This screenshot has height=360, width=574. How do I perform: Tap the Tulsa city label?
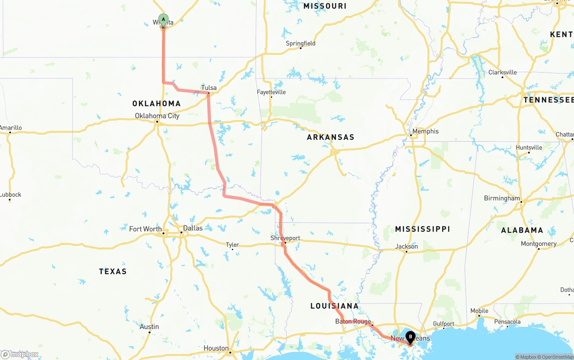click(x=209, y=87)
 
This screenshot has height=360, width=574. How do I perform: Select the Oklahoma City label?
click(x=157, y=116)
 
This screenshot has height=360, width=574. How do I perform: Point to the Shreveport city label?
click(x=285, y=238)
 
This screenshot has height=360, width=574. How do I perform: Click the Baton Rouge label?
click(x=353, y=321)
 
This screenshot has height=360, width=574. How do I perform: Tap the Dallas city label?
click(x=193, y=228)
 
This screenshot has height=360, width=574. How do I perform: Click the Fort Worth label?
click(x=145, y=229)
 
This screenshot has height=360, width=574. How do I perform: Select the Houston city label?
click(x=216, y=348)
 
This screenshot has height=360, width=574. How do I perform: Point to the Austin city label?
click(x=149, y=327)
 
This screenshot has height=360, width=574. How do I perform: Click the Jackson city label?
click(x=406, y=246)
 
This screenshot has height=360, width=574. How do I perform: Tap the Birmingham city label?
click(x=502, y=198)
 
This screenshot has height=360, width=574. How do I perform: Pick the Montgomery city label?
click(x=539, y=244)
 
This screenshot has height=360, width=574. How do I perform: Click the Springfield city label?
click(x=300, y=43)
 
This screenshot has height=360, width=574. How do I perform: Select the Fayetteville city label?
click(x=271, y=92)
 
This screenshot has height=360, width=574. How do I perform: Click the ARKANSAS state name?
click(x=330, y=137)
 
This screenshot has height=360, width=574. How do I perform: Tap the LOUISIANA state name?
click(x=335, y=306)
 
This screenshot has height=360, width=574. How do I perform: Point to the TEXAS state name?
click(x=113, y=271)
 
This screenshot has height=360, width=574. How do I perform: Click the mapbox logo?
click(x=20, y=354)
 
